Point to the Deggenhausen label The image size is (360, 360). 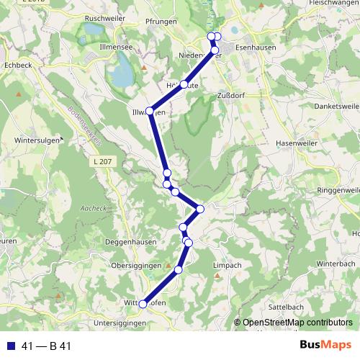(130, 242)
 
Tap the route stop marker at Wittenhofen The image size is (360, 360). (143, 304)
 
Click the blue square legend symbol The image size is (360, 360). (10, 346)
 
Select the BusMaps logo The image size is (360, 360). (324, 346)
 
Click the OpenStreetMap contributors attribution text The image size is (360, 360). (297, 323)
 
